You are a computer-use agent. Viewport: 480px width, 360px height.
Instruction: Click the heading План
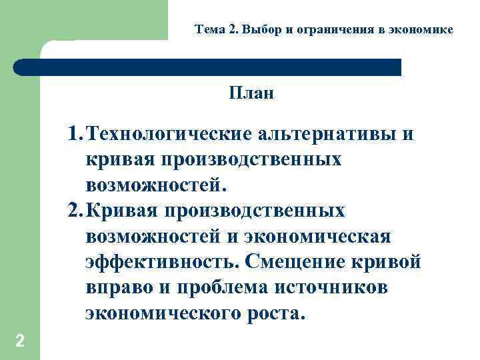[251, 93]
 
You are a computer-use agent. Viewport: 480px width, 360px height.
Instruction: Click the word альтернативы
[325, 134]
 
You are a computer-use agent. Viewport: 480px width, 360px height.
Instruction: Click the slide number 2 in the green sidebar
[20, 341]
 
